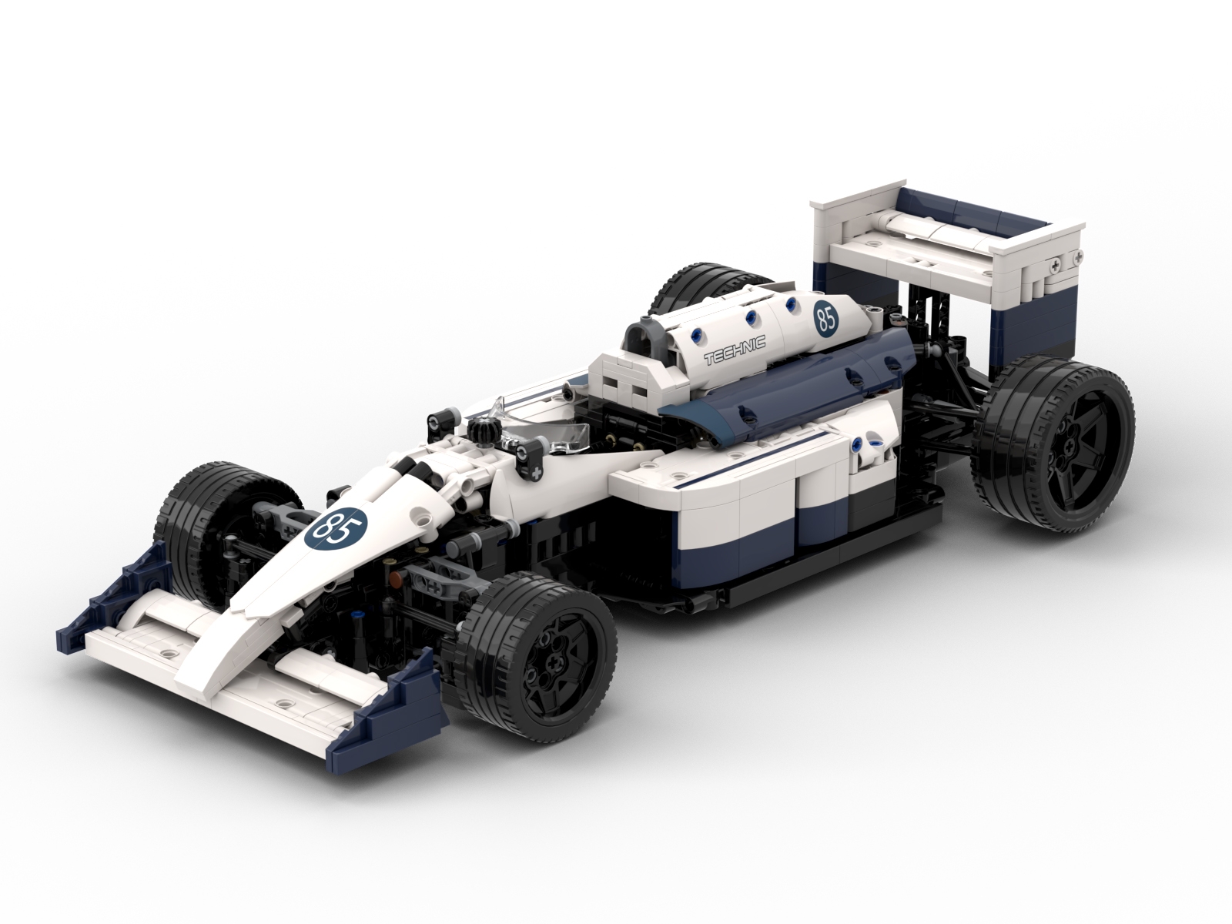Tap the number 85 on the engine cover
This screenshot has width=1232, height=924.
point(825,318)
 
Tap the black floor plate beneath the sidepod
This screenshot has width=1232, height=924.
point(770,593)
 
